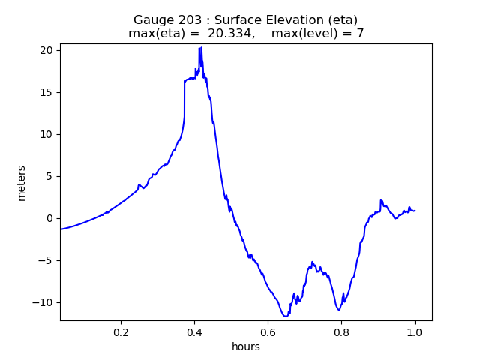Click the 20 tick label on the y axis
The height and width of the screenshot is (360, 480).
point(46,50)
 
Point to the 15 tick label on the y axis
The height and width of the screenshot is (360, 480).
point(46,92)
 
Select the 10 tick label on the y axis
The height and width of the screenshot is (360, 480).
point(46,134)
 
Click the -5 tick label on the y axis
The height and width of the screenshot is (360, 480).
point(46,260)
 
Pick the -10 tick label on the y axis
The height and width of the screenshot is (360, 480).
point(43,302)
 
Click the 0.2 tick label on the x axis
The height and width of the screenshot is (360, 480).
point(121,331)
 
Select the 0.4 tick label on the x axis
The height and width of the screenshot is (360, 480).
point(194,331)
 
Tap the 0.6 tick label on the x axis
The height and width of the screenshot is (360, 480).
point(268,331)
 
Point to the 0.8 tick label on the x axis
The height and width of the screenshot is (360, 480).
point(341,331)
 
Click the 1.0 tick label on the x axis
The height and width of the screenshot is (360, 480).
point(415,331)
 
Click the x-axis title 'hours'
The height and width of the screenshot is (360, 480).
point(246,346)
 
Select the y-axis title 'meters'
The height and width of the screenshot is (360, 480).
point(22,183)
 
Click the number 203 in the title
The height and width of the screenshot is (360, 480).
point(187,20)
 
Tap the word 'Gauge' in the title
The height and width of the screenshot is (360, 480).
point(152,20)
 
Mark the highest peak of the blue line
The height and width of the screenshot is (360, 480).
point(201,47)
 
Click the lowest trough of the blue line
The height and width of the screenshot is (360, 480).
point(286,316)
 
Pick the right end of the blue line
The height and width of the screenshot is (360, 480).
point(415,211)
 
